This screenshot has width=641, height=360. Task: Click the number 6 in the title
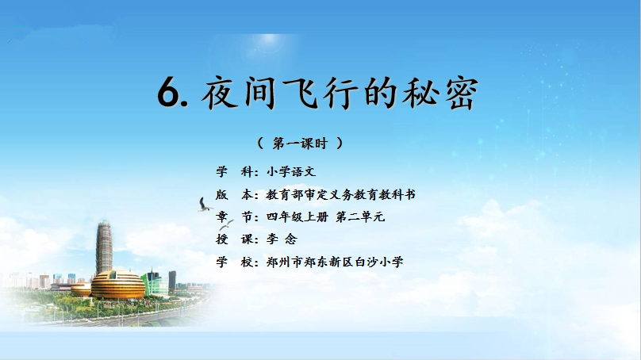click(x=168, y=92)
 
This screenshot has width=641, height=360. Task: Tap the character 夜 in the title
click(x=220, y=94)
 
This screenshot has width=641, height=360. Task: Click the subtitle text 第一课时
click(x=300, y=144)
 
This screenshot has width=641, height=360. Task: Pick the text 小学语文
click(x=291, y=171)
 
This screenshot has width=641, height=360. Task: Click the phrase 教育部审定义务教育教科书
click(x=340, y=194)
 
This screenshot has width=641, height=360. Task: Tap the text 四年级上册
click(x=297, y=216)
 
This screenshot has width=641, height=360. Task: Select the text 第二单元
click(x=360, y=216)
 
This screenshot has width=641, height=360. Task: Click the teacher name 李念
click(x=282, y=239)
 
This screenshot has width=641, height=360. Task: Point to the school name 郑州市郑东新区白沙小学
click(x=335, y=262)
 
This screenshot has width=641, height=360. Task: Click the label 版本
click(x=235, y=194)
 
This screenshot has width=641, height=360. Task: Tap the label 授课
click(x=235, y=239)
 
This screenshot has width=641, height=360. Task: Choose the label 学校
click(x=235, y=262)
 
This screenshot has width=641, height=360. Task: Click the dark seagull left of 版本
click(x=205, y=205)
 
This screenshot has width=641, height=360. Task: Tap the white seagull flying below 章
click(x=226, y=224)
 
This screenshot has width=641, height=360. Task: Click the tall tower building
click(x=104, y=247)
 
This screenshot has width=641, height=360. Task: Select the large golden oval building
click(x=117, y=285)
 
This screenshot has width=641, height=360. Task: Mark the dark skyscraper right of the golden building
click(x=172, y=281)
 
